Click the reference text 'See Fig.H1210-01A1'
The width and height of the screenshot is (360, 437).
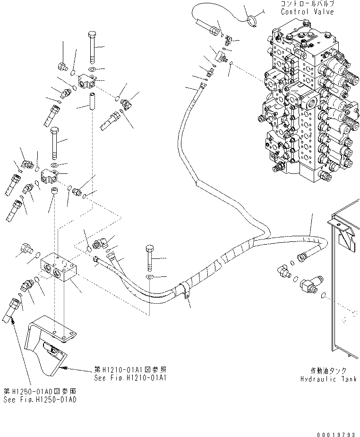125,378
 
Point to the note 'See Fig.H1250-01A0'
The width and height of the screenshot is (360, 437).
40,399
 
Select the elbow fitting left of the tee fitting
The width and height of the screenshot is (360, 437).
284,271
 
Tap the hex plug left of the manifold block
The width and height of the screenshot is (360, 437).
26,248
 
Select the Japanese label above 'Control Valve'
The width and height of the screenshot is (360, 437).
308,4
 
